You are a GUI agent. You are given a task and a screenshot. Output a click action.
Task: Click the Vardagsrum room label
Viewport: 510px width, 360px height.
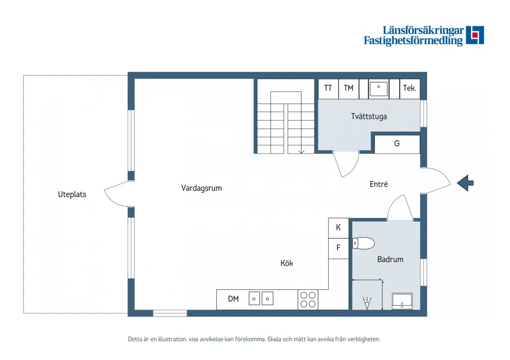(x=201, y=188)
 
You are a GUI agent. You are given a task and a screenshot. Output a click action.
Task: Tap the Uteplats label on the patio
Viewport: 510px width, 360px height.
(x=72, y=195)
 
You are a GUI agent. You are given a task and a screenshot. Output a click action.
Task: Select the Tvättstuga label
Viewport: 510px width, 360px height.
(x=369, y=117)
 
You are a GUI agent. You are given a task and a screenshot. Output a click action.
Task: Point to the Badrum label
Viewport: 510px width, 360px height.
(x=390, y=259)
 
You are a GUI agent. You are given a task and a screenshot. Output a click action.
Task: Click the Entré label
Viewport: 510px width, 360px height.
(x=379, y=184)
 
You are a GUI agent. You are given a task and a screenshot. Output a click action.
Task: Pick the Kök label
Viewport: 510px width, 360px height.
(x=286, y=263)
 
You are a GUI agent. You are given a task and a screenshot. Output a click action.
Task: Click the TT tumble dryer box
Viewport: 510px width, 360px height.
(x=328, y=89)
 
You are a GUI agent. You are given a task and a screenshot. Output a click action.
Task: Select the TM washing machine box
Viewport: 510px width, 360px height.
(x=349, y=89)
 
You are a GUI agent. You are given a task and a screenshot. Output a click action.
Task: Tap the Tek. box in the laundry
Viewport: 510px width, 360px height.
(x=410, y=89)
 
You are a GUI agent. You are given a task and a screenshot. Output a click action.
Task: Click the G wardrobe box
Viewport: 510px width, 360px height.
(x=397, y=144)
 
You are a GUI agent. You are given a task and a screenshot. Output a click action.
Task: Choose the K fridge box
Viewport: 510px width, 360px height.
(x=339, y=228)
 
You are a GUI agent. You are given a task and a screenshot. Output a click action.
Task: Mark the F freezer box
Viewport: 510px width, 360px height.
(x=339, y=248)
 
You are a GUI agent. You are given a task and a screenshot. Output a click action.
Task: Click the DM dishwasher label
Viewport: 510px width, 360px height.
(x=233, y=299)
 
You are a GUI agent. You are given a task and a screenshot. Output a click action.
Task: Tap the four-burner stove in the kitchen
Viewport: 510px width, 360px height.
(x=308, y=300)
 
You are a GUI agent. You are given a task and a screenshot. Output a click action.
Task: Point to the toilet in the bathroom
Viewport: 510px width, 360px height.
(x=363, y=243)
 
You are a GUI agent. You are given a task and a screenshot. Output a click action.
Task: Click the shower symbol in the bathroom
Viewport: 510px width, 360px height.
(x=367, y=303)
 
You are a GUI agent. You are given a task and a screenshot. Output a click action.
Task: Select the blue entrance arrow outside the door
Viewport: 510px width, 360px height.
(x=465, y=183)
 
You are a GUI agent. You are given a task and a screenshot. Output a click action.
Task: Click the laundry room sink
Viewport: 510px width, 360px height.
(x=379, y=89)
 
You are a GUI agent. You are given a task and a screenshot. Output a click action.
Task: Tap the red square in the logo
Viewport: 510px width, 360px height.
(x=475, y=34)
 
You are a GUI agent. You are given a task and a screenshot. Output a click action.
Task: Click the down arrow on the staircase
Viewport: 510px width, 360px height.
(x=301, y=151)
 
